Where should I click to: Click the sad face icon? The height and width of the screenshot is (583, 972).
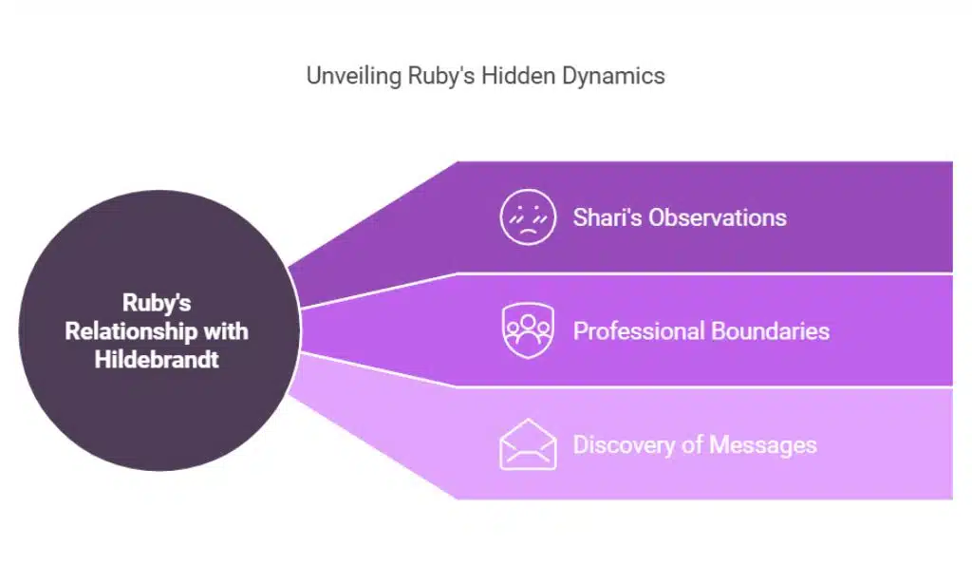point(528,217)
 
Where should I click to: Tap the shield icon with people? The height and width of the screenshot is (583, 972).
point(528,330)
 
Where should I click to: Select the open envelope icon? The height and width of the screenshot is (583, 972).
point(528,444)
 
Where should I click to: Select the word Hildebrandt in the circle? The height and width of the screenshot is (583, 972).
point(157,361)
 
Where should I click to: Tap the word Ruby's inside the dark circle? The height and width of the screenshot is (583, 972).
point(157,304)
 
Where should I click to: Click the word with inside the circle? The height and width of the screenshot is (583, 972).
point(227,332)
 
